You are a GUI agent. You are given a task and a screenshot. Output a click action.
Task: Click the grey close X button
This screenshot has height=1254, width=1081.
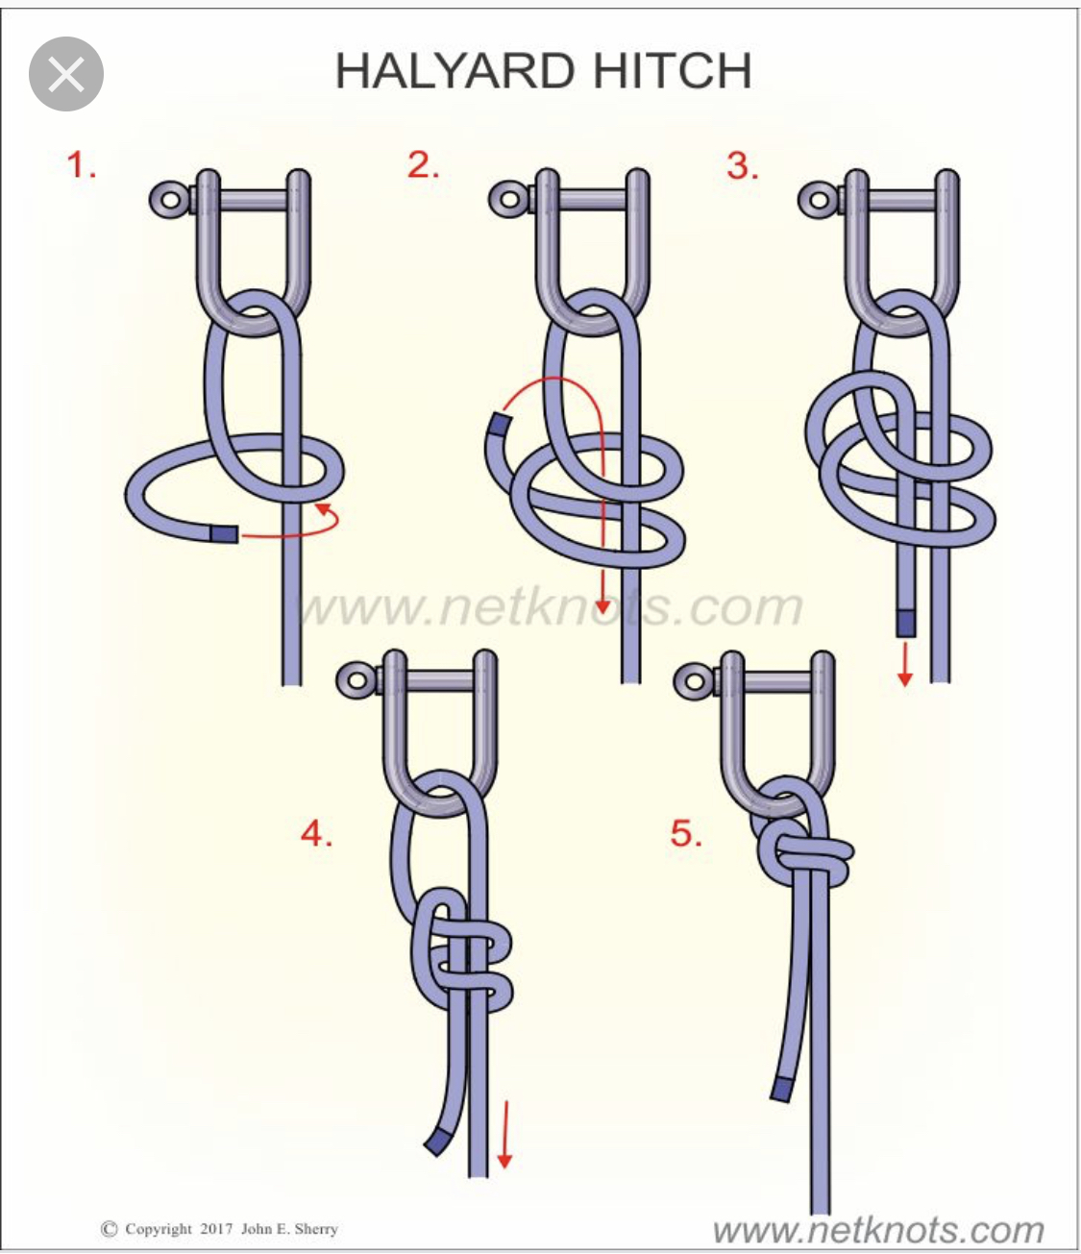66,74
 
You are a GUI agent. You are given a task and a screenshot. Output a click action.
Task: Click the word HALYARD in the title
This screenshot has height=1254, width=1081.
455,71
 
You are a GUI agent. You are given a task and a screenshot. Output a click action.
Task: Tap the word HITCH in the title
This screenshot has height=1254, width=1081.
672,71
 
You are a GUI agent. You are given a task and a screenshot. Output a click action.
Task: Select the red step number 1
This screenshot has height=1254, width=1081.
82,165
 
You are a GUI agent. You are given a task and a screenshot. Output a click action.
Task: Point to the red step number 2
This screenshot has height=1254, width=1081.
423,165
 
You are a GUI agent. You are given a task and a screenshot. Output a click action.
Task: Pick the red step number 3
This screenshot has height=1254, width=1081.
743,165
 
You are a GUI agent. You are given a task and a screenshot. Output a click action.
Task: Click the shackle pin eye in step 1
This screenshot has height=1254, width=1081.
168,200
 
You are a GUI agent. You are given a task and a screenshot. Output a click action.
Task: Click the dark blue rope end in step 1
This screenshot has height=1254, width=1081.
224,534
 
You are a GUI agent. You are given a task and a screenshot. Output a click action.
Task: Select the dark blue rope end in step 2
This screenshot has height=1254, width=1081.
500,424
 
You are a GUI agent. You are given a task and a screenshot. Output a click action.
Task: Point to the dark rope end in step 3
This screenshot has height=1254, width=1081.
906,623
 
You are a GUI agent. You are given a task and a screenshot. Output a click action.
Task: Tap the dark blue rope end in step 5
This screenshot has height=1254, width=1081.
782,1090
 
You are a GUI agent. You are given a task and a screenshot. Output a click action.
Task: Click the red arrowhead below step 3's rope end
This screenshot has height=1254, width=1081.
905,678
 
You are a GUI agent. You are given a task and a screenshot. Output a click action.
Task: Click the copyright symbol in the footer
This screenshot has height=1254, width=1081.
110,1228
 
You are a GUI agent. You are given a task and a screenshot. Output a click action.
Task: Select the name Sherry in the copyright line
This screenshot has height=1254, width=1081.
315,1228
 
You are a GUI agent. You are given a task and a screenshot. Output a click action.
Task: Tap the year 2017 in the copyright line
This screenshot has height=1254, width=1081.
216,1228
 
